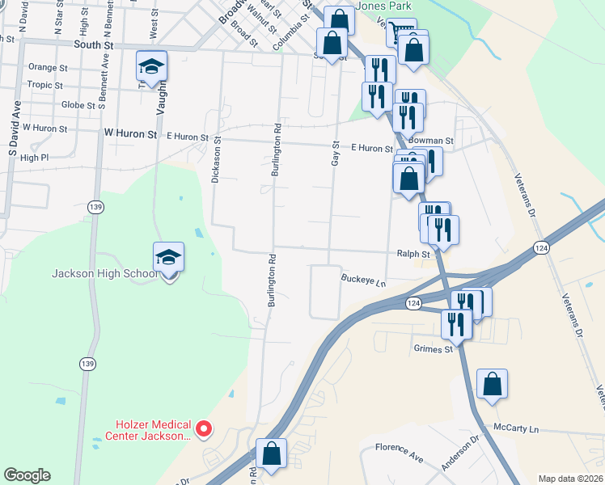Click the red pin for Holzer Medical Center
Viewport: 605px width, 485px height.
coord(204,428)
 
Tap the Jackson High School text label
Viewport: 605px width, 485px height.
coord(105,273)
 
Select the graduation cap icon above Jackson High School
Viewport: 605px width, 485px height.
coord(169,258)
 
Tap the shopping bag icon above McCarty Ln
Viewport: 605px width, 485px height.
coord(492,385)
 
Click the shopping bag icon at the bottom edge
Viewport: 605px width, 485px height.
coord(272,453)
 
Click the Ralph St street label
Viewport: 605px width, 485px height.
coord(412,253)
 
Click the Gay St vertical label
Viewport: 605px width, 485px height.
coord(334,151)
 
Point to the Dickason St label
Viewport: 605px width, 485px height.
coord(215,159)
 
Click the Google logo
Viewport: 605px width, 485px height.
coord(27,475)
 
